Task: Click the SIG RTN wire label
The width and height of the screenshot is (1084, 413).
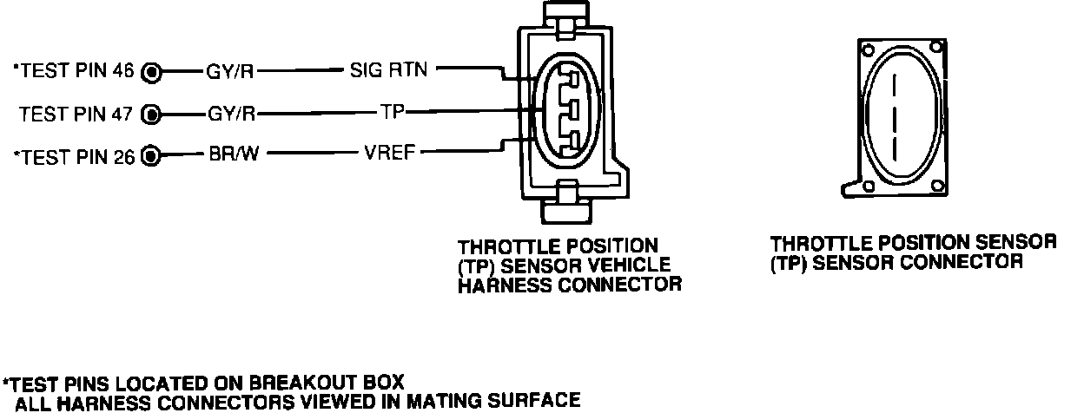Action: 388,70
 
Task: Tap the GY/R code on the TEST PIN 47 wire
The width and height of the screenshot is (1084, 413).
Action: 231,113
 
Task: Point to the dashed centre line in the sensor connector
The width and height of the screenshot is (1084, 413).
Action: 896,114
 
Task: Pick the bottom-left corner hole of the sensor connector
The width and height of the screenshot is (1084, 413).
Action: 867,185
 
